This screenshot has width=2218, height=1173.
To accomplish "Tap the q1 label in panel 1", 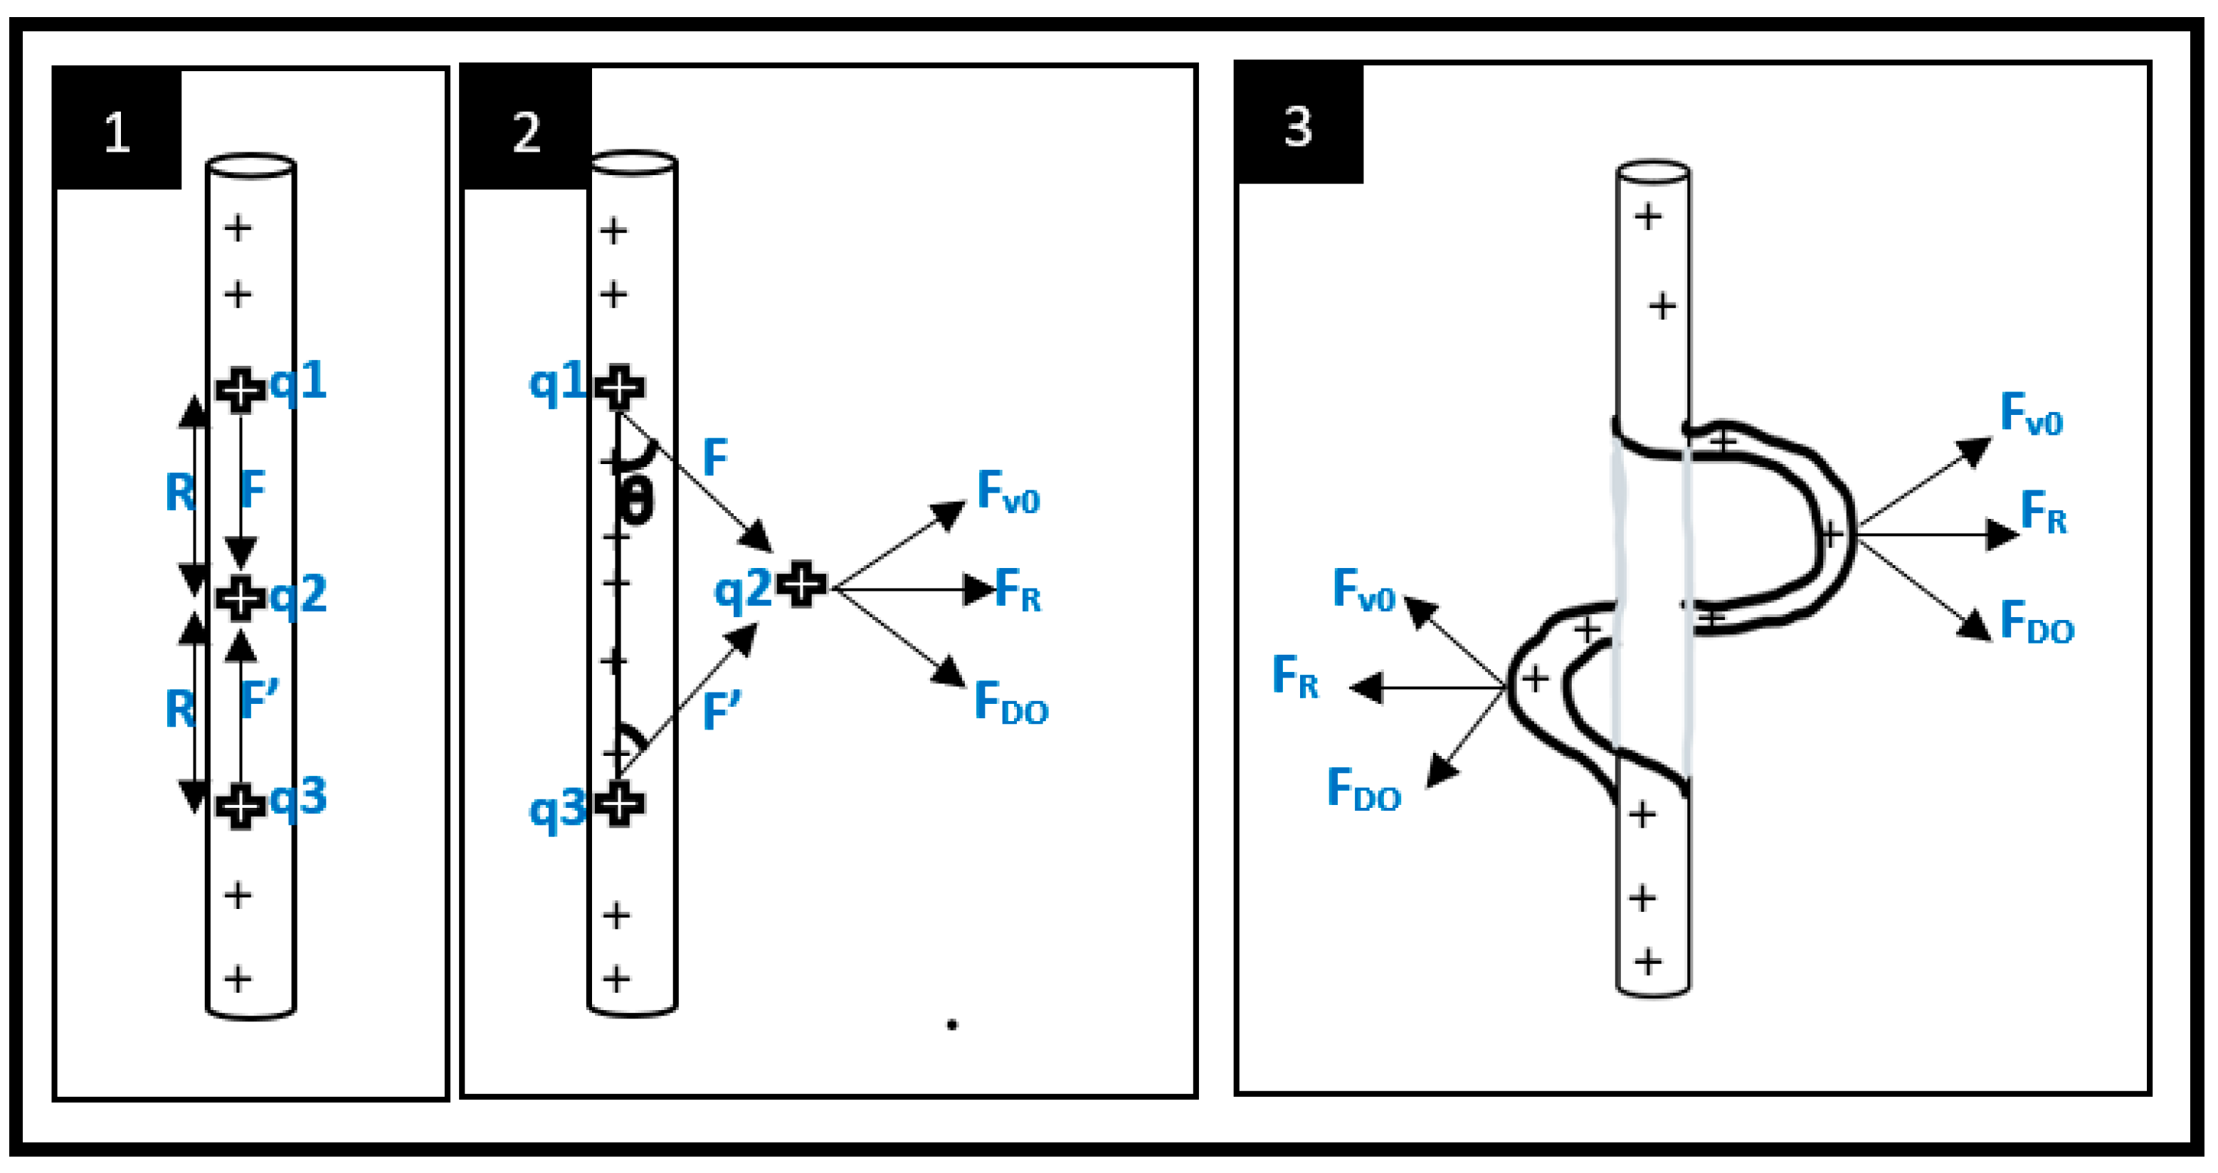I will click(298, 381).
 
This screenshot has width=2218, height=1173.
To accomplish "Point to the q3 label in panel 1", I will click(298, 797).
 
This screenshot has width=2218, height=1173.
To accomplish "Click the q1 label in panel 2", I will click(557, 382).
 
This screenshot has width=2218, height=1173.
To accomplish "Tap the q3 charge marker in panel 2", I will click(619, 804).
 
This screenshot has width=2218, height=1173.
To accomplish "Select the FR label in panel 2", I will click(1018, 590).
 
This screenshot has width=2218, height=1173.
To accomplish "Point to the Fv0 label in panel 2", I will click(1008, 493).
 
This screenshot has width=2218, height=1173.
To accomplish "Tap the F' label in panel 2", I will click(722, 711).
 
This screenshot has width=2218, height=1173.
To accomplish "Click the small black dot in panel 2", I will click(952, 1025).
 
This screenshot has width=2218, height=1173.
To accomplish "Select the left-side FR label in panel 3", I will click(1295, 676).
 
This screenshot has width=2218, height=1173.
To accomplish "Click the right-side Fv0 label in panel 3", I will click(2031, 414).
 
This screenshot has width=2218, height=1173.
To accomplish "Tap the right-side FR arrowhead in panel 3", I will click(2002, 534).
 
